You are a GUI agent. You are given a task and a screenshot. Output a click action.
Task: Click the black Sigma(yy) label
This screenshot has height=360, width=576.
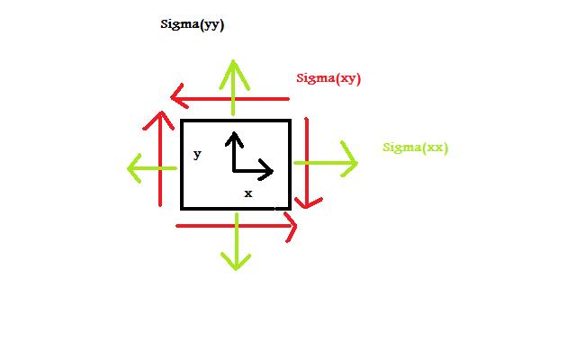[192, 24]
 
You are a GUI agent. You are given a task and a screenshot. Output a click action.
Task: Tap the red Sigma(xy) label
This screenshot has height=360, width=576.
[328, 78]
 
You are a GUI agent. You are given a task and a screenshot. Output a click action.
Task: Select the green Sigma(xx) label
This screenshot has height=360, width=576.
[415, 148]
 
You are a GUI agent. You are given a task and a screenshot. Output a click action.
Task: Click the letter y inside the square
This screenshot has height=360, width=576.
[197, 155]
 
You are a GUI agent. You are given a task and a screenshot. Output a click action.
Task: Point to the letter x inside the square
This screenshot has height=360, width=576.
[248, 193]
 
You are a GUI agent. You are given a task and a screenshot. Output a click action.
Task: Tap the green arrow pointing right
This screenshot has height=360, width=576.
[325, 163]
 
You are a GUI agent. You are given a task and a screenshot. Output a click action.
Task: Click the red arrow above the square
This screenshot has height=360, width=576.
[229, 96]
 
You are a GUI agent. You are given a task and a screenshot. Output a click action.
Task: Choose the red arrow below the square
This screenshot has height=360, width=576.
[237, 227]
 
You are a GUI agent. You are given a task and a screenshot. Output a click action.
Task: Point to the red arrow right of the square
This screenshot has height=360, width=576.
[308, 162]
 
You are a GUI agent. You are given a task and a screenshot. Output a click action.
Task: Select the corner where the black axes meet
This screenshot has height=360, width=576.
[234, 169]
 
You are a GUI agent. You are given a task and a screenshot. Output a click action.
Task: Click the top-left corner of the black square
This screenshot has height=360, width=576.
[183, 121]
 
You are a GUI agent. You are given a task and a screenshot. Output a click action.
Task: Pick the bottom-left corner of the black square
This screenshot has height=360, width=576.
[183, 208]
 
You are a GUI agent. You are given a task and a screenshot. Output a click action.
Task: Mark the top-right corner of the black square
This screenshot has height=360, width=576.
[289, 121]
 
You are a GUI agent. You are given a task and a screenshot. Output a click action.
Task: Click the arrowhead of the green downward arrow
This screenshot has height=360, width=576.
[236, 265]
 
